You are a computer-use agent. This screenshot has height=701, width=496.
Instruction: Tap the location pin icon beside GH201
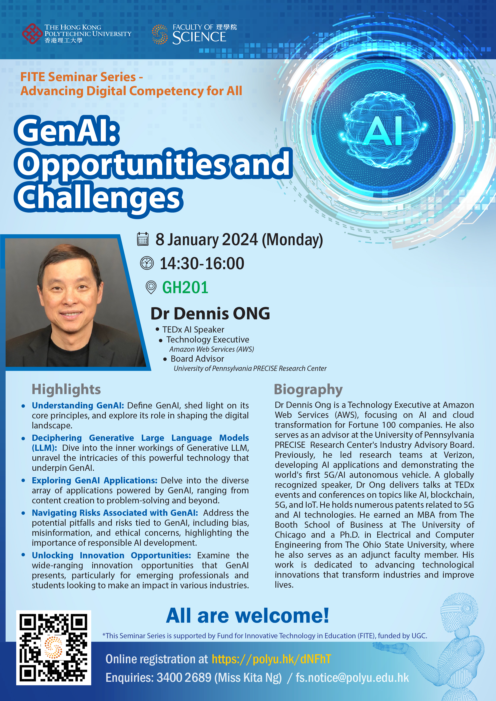point(151,287)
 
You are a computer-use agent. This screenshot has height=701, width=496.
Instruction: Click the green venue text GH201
point(185,288)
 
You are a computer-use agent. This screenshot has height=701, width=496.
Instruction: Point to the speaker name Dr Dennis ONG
point(210,314)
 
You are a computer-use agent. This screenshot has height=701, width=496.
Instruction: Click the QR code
point(53,648)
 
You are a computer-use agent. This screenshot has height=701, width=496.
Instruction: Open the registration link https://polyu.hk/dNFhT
point(271,659)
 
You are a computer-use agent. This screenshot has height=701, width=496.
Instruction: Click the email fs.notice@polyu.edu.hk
point(352,678)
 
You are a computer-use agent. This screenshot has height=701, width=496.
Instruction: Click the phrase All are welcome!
point(248,615)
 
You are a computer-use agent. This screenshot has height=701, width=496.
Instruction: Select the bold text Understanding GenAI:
point(78,405)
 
